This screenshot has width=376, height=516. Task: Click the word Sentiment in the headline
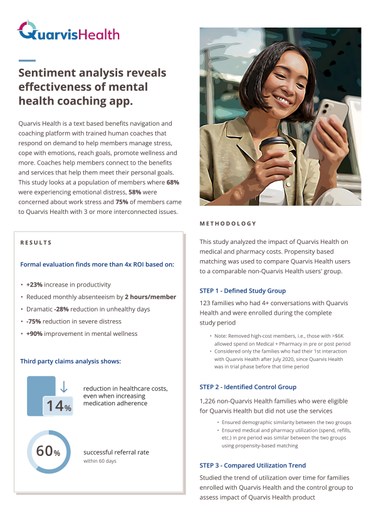(x=48, y=73)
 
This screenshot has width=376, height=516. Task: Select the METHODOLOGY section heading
(x=227, y=223)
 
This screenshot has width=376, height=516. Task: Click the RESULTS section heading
(x=36, y=243)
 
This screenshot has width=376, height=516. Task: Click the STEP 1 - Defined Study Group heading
(x=242, y=291)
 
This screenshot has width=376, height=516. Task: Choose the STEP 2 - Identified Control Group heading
(x=248, y=387)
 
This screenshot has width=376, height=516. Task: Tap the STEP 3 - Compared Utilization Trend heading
(x=253, y=465)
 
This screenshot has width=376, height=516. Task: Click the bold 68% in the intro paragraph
(x=173, y=182)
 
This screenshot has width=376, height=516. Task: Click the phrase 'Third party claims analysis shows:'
(x=70, y=361)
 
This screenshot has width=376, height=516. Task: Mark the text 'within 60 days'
(x=100, y=461)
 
